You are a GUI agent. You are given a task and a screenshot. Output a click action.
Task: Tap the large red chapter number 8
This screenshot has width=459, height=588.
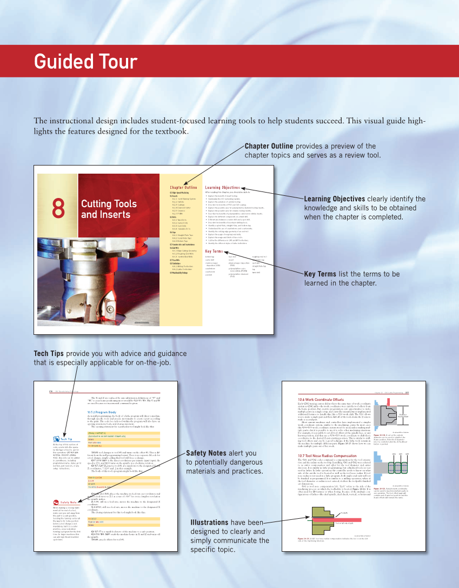[58, 209]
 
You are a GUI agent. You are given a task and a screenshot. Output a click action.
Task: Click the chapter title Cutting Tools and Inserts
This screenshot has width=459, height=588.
[105, 209]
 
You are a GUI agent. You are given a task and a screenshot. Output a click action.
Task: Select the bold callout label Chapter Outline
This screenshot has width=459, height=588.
[269, 146]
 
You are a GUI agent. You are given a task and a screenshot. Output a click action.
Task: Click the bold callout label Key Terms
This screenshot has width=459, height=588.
[320, 274]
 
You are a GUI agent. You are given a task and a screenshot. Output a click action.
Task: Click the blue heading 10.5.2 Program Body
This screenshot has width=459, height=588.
[102, 411]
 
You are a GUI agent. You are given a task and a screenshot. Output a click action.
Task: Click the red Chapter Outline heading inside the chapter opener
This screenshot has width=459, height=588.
[183, 187]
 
